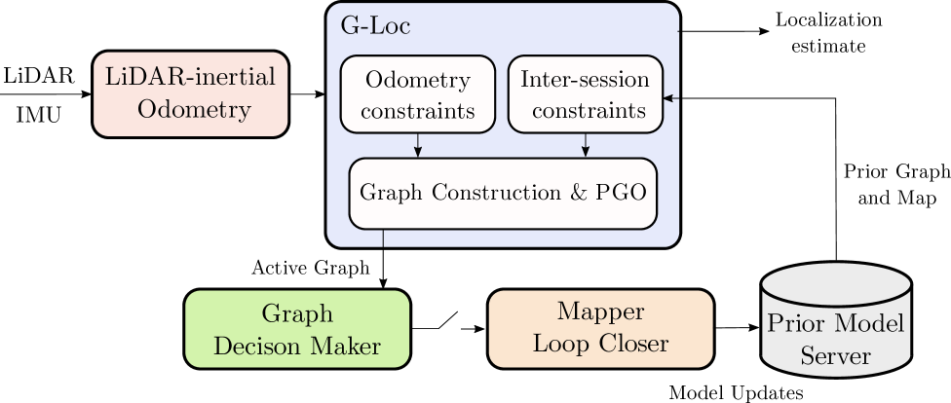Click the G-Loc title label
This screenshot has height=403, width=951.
coord(375,26)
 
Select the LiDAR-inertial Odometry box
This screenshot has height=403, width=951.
coord(191,93)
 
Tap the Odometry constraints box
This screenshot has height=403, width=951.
coord(417,94)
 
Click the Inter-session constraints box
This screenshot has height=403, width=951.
coord(585,94)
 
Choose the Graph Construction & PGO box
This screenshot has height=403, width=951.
coord(503,193)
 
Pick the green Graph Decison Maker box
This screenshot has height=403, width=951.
coord(297,329)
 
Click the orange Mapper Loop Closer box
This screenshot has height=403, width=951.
coord(600,329)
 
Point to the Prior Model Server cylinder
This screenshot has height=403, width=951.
coord(835,321)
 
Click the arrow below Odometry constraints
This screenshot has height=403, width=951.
coord(418,145)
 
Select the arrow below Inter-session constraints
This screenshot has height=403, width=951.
coord(585,145)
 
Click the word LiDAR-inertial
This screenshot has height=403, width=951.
coord(190,78)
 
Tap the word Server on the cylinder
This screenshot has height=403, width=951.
coord(835,356)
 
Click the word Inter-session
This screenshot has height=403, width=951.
coord(585,79)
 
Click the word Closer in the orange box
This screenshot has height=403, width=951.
coord(636,345)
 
